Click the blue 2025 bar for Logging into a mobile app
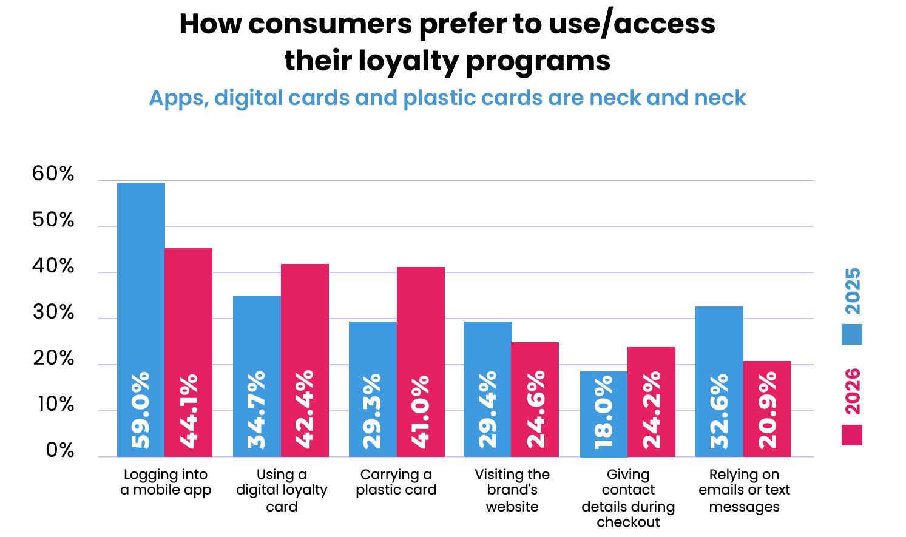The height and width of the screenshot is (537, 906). [141, 273]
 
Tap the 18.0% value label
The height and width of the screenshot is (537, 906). [604, 413]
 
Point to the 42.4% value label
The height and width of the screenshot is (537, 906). [305, 409]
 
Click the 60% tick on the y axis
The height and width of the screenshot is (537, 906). [53, 174]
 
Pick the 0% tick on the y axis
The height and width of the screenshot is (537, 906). [60, 451]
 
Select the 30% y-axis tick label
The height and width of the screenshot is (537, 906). [53, 312]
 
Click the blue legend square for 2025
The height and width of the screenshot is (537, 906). [851, 334]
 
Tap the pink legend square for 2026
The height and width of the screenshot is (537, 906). [851, 435]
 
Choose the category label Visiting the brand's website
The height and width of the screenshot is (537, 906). [512, 490]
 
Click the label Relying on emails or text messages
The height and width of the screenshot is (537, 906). [744, 490]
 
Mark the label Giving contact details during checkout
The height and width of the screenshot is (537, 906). [628, 498]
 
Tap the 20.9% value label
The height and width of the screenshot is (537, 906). [768, 410]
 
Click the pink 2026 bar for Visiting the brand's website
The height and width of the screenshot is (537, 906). [535, 364]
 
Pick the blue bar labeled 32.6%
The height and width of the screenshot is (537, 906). [719, 340]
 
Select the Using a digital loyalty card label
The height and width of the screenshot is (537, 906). [282, 490]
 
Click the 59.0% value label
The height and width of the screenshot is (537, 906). [141, 411]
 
